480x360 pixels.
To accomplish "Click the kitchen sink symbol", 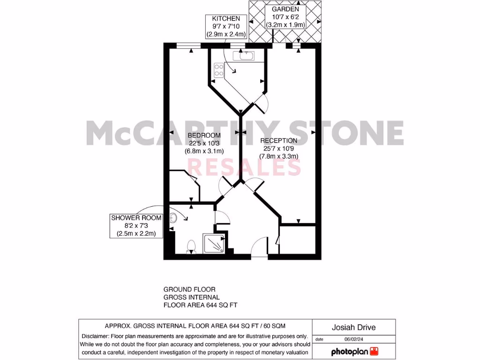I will (246, 56).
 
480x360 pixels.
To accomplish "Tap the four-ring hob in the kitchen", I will (219, 70).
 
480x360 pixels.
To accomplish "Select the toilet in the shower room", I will (191, 246).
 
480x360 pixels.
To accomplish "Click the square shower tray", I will (214, 243).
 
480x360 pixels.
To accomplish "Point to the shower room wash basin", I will (173, 217).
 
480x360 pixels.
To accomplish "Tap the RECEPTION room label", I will (278, 141).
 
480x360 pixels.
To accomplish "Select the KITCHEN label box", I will (223, 26).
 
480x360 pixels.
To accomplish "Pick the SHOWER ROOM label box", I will (136, 225).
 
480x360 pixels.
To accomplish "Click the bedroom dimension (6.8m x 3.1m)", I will (204, 151).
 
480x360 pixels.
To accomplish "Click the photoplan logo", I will (354, 351).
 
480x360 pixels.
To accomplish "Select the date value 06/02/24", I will (354, 339).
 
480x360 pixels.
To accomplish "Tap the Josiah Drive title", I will (354, 328).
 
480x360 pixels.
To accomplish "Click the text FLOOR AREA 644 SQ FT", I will (200, 305).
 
